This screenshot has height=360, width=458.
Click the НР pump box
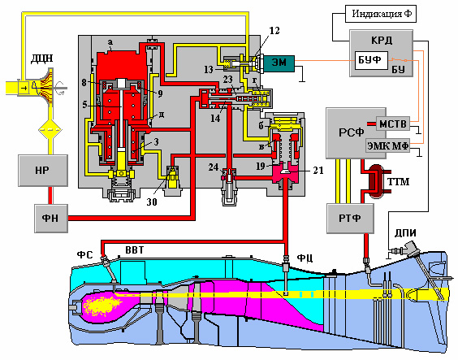(x=43, y=171)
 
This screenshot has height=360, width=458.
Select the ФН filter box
(x=51, y=219)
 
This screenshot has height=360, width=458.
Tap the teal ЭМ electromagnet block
(x=279, y=63)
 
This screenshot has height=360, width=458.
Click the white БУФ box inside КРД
(x=371, y=60)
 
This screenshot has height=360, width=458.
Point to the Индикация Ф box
(x=381, y=14)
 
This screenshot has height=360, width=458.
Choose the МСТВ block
(x=393, y=124)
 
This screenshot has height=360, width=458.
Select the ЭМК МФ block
(x=387, y=145)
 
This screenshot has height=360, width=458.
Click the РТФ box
(x=350, y=218)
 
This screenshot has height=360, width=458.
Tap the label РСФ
(x=351, y=132)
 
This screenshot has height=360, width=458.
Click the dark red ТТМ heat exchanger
(x=375, y=181)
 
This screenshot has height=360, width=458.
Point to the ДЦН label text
(x=42, y=59)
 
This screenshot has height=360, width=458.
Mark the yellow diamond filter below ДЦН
(x=50, y=129)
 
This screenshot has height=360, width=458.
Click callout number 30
(x=152, y=202)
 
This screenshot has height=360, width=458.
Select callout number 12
(x=274, y=30)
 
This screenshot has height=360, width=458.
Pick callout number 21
(x=318, y=170)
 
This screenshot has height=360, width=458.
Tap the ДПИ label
(x=405, y=233)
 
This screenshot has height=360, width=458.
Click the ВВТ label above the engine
(x=135, y=250)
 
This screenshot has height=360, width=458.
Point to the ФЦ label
(x=305, y=258)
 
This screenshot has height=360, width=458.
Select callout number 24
(x=214, y=167)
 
